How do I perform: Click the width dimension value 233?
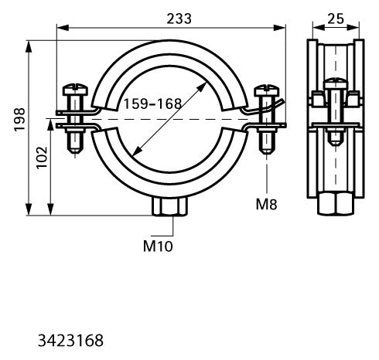pos(179,19)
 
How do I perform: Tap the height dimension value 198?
pos(19,120)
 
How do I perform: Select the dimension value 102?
pos(42,158)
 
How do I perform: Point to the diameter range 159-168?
pos(152,104)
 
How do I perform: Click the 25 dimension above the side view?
pos(336,19)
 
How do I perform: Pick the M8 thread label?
pos(266,204)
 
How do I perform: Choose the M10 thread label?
pos(158,246)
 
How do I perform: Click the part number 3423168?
pos(70,341)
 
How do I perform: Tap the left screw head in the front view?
pos(75,89)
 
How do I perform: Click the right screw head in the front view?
pos(267,90)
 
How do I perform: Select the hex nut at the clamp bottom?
pos(169,206)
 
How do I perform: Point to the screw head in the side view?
pos(336,83)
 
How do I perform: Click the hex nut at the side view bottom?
pos(336,204)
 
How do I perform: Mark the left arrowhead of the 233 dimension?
pos(63,28)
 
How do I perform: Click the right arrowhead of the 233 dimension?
pos(279,28)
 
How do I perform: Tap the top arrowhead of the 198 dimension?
pos(29,46)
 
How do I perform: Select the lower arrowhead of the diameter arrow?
pos(137,151)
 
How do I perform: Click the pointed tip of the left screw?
pos(75,154)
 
